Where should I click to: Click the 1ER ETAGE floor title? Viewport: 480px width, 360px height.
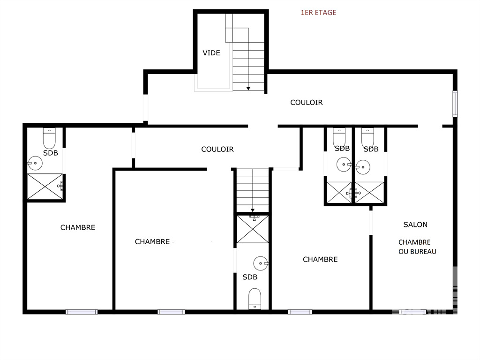[x=318, y=13]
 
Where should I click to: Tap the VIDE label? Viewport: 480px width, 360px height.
[x=211, y=53]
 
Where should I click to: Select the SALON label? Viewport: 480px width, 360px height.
[x=415, y=225]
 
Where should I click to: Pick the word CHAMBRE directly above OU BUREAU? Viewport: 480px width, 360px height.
[x=414, y=242]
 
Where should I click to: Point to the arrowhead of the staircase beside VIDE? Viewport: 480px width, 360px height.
[x=248, y=89]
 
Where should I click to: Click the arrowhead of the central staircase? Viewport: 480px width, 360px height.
[x=253, y=210]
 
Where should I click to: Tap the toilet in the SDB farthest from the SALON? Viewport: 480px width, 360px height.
[x=49, y=138]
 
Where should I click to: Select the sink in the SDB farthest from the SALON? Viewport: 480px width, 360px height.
[x=35, y=163]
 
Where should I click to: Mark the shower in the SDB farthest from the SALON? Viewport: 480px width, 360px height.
[x=45, y=187]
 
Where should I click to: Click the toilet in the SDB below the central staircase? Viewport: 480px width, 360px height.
[x=255, y=299]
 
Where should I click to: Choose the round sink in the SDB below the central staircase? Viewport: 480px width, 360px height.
[x=261, y=263]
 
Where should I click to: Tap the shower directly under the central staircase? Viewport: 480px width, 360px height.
[x=253, y=229]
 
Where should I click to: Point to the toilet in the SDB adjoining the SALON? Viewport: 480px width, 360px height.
[x=367, y=138]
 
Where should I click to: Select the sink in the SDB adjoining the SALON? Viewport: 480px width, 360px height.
[x=363, y=167]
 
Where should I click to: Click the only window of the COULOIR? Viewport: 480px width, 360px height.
[x=455, y=104]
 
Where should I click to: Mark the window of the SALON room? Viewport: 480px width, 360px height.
[x=412, y=312]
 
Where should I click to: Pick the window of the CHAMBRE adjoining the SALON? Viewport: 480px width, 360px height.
[x=300, y=312]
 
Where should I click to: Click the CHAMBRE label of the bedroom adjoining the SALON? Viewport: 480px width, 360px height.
[x=320, y=260]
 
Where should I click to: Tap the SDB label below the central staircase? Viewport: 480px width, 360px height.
[x=250, y=277]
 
